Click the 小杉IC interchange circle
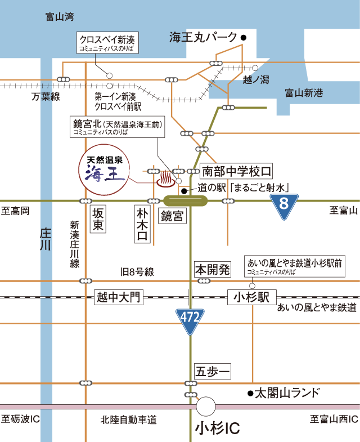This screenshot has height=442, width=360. pos(206,406)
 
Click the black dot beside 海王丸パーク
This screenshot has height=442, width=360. pos(244,38)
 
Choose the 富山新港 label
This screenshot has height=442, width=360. pos(304,93)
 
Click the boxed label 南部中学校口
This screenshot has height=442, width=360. pos(237,171)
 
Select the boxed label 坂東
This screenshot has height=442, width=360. pos(98,218)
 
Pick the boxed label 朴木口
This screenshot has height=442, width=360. pos(143,223)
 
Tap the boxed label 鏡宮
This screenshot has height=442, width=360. pos(173,216)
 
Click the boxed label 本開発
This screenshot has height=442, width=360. pos(213,269)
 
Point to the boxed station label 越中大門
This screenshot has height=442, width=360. pos(119,297)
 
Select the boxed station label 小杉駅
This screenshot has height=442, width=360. pos(249,297)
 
